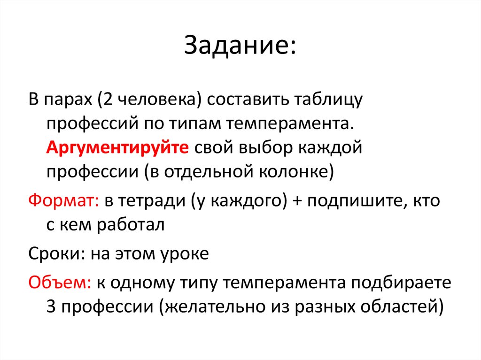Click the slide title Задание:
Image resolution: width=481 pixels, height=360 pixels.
pyautogui.click(x=240, y=46)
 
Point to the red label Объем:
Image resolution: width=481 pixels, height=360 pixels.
pyautogui.click(x=61, y=283)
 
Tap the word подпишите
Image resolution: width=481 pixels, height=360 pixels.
pyautogui.click(x=352, y=201)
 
